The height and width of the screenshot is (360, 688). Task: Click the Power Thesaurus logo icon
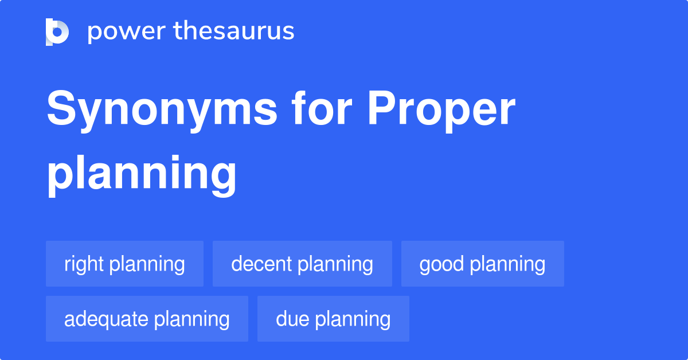[57, 32]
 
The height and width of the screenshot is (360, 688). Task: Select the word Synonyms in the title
[162, 110]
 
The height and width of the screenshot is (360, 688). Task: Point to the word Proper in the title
[441, 110]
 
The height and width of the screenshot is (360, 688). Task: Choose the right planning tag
[124, 264]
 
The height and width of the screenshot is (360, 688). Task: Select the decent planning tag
[302, 264]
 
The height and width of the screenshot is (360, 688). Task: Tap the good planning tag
[482, 264]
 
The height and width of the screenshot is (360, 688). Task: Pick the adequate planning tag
[147, 319]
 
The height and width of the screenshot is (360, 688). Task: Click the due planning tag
[333, 319]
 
